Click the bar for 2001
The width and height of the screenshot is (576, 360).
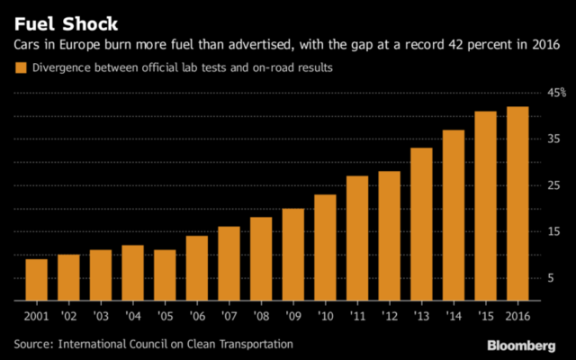[x=37, y=279]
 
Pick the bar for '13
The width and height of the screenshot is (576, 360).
[x=421, y=224]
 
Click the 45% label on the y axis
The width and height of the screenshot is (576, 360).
[x=556, y=93]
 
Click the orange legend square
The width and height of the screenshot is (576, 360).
[x=19, y=67]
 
